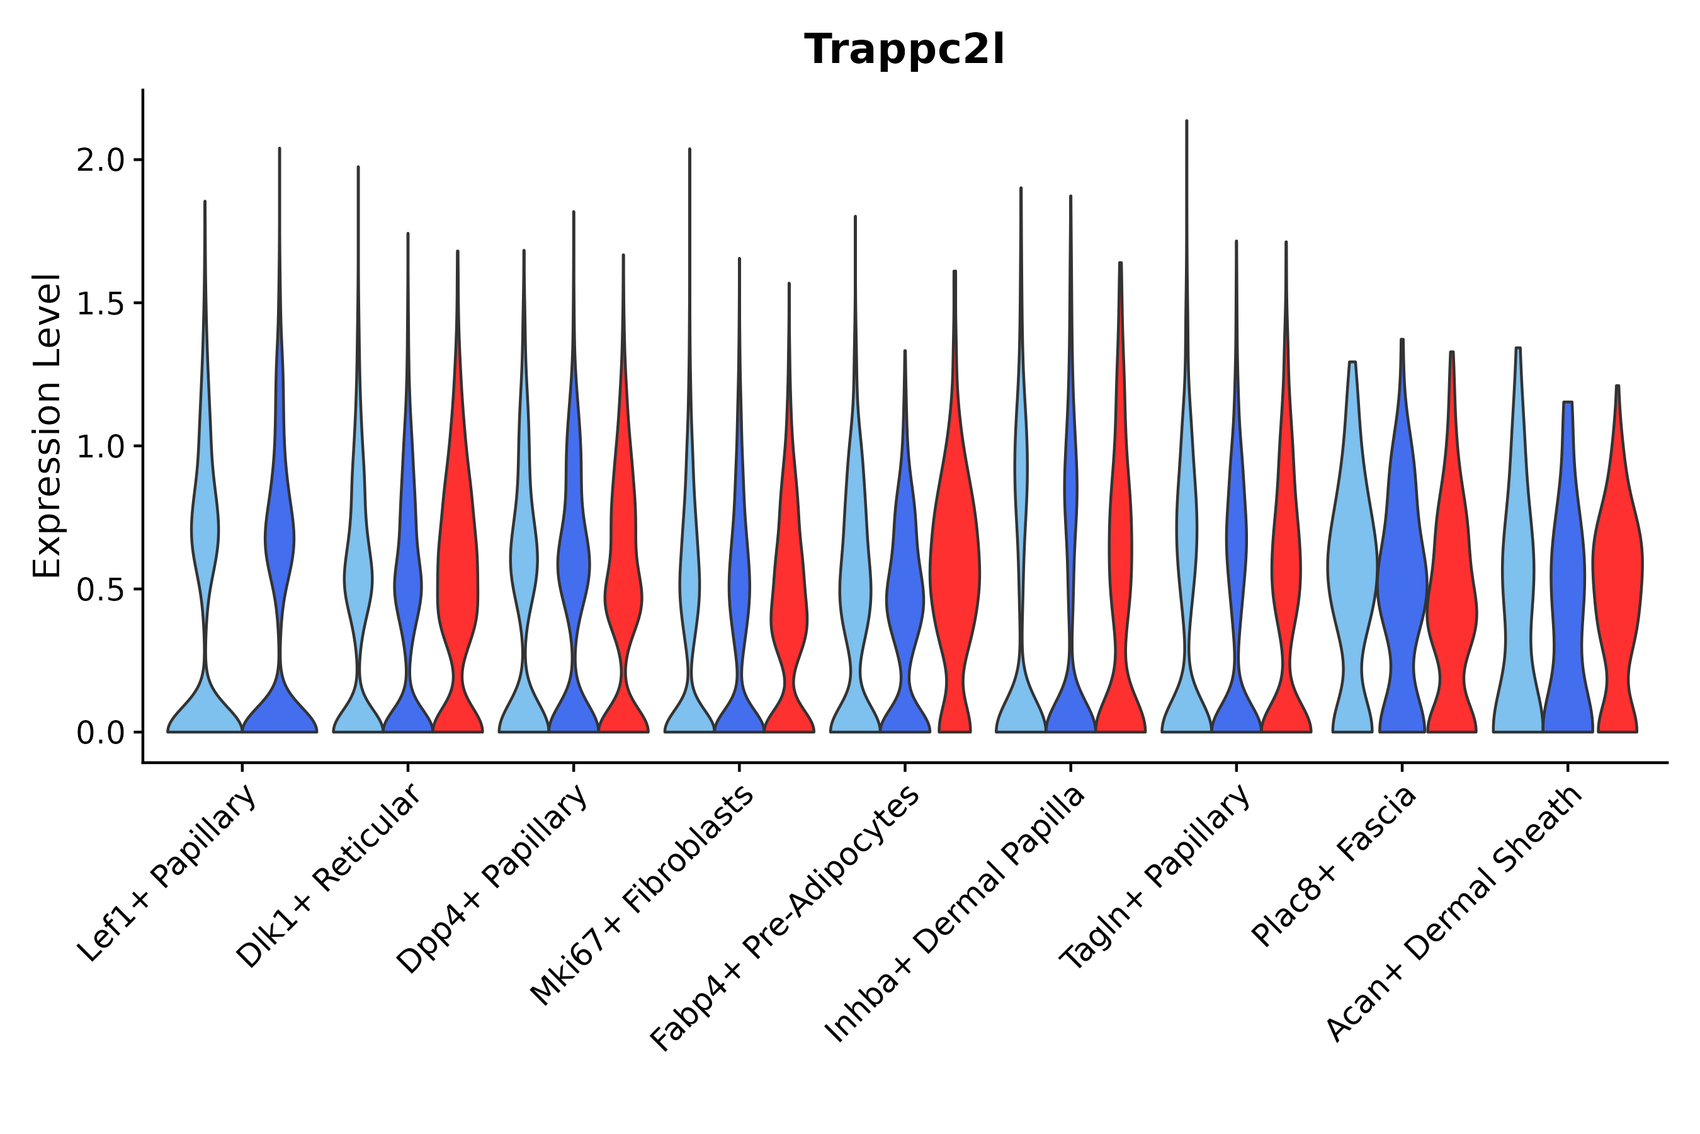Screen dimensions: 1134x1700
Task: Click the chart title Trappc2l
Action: pyautogui.click(x=904, y=50)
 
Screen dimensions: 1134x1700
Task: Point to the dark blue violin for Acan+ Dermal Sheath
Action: pyautogui.click(x=1567, y=578)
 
